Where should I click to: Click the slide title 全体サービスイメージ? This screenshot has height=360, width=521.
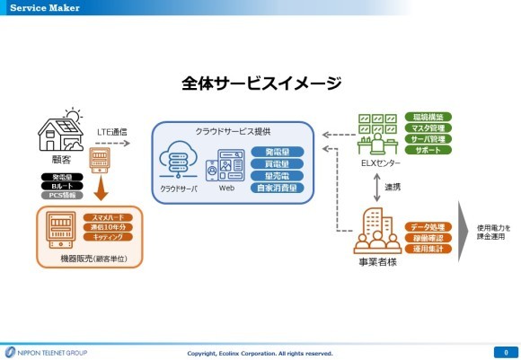[260, 83]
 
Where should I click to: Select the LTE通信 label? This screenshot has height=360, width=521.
[112, 132]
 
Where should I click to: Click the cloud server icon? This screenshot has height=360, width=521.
[177, 168]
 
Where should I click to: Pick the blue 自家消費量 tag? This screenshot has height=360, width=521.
[277, 188]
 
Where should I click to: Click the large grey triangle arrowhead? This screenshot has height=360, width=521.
[466, 236]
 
